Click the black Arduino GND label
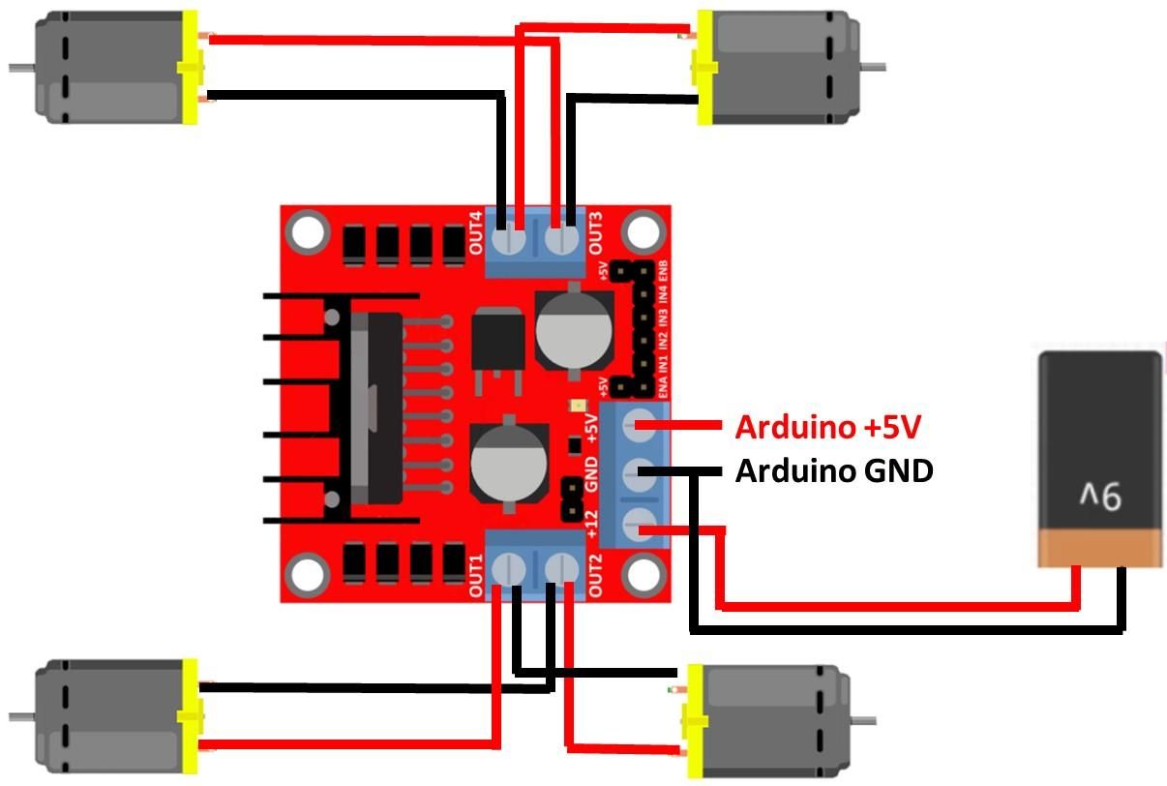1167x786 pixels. [x=834, y=471]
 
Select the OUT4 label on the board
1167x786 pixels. [x=477, y=233]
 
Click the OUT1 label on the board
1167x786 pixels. [x=477, y=575]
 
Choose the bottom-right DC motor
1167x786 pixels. [x=769, y=720]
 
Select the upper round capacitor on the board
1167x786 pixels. [x=573, y=329]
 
